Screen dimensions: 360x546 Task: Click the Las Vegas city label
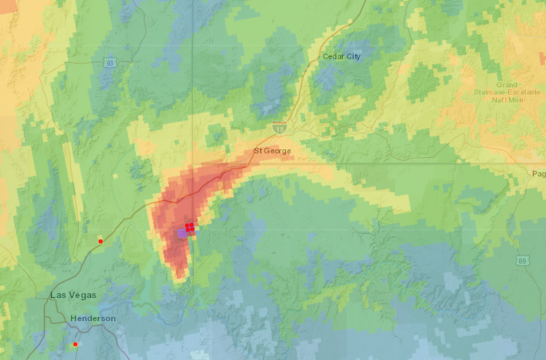tap(73, 295)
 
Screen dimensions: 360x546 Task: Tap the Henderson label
tap(93, 318)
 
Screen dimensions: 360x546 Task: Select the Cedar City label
tap(341, 56)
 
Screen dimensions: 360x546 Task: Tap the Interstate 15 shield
tap(279, 127)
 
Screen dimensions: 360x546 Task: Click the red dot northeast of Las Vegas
tap(101, 240)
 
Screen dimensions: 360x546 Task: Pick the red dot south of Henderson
tap(75, 345)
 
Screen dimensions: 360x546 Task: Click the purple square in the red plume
tap(182, 234)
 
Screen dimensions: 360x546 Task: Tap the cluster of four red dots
tap(189, 228)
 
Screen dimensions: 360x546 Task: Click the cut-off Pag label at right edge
tap(539, 174)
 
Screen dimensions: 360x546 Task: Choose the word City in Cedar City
tap(352, 56)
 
